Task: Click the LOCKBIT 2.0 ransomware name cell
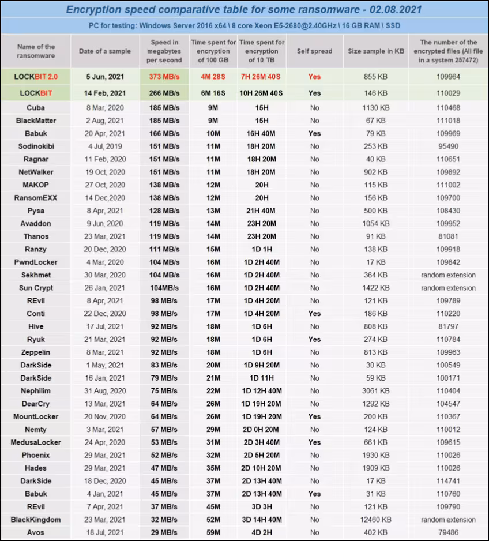point(36,77)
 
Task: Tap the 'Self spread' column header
point(314,51)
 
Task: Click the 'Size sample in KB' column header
point(375,51)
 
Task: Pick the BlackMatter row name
point(36,121)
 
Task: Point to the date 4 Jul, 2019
point(106,146)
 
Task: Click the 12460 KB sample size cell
point(375,520)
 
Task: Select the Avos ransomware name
point(36,532)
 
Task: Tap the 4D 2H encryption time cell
point(262,532)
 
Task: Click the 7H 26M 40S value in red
point(262,77)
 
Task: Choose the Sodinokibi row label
point(36,146)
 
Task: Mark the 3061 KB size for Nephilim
point(375,391)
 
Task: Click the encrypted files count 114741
point(448,481)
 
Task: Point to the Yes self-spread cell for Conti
point(314,314)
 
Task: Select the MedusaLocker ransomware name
point(36,442)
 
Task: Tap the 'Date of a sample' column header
point(105,51)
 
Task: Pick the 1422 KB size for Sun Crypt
point(375,288)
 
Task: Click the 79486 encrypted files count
point(448,532)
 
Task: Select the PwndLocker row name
point(36,262)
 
